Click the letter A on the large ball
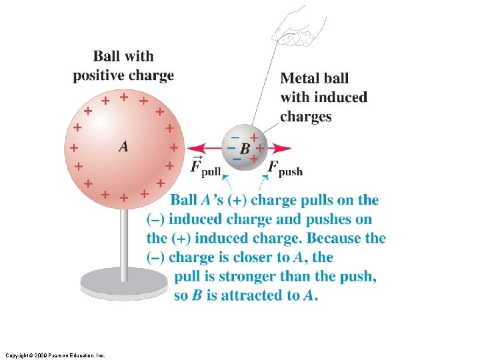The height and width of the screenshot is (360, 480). pyautogui.click(x=123, y=146)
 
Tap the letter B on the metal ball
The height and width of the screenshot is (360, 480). pyautogui.click(x=245, y=149)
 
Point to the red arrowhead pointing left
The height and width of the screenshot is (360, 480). pyautogui.click(x=192, y=149)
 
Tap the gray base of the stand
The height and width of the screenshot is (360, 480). pyautogui.click(x=124, y=283)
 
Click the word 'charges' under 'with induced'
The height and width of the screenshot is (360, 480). pyautogui.click(x=305, y=117)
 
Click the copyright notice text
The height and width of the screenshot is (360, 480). pyautogui.click(x=54, y=355)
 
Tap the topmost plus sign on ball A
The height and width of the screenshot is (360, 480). pyautogui.click(x=123, y=97)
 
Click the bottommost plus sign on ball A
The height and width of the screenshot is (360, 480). pyautogui.click(x=123, y=198)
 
